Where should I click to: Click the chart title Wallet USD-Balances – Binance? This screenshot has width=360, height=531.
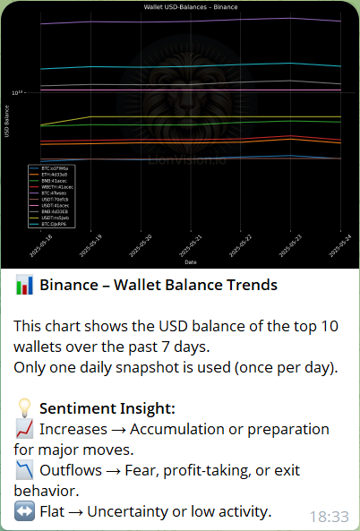191,6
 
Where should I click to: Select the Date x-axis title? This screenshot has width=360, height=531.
191,262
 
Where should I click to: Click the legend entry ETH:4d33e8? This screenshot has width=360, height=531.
50,174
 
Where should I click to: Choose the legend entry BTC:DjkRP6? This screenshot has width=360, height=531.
50,224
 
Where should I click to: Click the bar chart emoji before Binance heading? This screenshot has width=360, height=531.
25,286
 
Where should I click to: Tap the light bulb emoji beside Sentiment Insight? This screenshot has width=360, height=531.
25,408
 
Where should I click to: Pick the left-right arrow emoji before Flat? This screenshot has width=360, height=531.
25,511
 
